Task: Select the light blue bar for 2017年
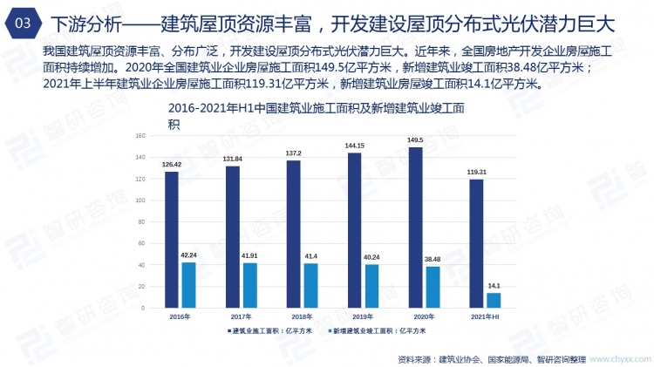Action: pos(249,283)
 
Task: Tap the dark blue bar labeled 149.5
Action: pos(415,226)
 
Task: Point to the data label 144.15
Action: pos(354,146)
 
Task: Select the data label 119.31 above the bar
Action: pos(476,173)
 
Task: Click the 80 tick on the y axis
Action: pos(140,221)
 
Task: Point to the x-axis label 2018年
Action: pos(302,315)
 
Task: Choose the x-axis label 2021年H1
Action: pos(485,315)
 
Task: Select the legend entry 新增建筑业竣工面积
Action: pos(380,331)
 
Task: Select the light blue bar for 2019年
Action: pos(371,285)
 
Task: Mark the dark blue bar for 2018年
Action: pos(293,233)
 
